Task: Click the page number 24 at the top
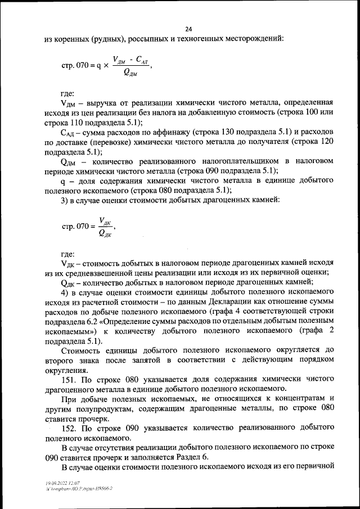(x=188, y=29)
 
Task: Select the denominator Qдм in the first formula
(x=129, y=75)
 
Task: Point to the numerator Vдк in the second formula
(x=104, y=221)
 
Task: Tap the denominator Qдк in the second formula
(x=104, y=234)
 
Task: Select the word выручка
(x=101, y=104)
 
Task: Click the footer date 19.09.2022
(x=55, y=483)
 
